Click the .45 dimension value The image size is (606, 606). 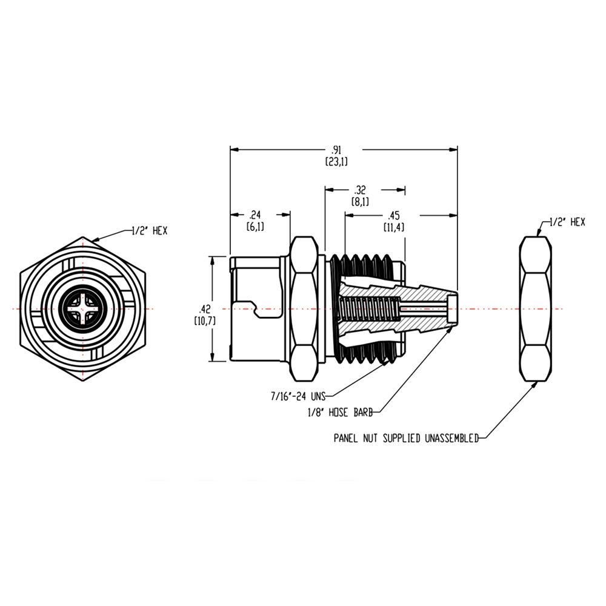point(394,216)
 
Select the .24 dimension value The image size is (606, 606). point(255,215)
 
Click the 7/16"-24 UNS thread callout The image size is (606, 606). point(298,397)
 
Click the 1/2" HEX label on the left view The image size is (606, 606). point(150,231)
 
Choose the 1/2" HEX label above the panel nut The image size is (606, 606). point(567,222)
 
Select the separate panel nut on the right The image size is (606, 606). point(536,309)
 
